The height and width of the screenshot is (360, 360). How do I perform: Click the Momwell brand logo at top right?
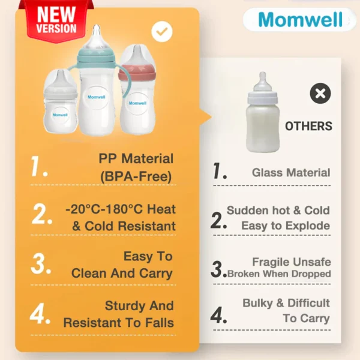pos(301,20)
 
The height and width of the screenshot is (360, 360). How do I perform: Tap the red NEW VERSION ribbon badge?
pos(56,20)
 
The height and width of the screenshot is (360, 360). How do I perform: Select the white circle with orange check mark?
pos(162,31)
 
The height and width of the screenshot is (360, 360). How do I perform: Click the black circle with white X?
pos(320,93)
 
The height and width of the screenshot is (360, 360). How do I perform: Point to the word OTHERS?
pos(308,126)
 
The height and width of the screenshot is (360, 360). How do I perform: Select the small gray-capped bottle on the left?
pos(60,101)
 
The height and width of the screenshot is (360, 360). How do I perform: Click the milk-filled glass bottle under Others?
pos(263,112)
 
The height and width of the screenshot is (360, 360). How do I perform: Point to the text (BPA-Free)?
pos(136,176)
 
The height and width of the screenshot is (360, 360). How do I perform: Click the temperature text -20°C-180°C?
pos(104,209)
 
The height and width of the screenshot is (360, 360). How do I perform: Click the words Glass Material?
pos(291,173)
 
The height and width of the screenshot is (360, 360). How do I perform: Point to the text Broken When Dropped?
pos(279,274)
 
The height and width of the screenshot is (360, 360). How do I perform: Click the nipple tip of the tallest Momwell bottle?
pos(97,26)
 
